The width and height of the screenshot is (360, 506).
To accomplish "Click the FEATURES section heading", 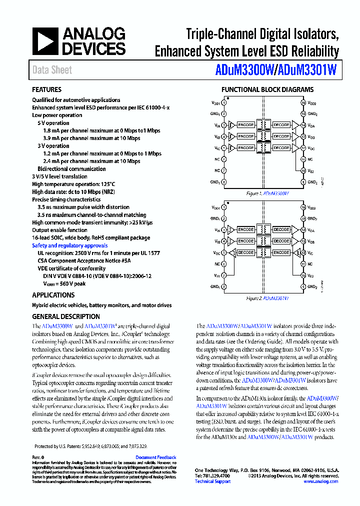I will [x=47, y=90].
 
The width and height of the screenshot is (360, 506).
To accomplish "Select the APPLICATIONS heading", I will [x=53, y=295].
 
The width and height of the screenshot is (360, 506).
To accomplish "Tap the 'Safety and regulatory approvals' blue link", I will [x=69, y=245].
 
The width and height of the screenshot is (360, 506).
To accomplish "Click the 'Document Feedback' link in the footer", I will [x=155, y=457].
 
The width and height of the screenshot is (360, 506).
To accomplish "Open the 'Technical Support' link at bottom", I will [x=212, y=481].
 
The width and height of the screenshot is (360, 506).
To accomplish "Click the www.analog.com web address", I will [x=320, y=481].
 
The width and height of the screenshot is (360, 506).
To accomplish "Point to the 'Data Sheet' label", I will [x=52, y=70].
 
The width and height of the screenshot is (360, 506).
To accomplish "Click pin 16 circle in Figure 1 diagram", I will [x=303, y=103].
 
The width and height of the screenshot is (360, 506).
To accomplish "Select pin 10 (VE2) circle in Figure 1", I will [x=303, y=170].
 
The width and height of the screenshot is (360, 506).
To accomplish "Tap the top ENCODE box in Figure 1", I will [x=246, y=124].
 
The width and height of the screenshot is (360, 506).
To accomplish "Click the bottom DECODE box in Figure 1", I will [x=281, y=148].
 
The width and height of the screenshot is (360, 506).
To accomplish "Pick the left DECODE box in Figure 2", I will [x=246, y=252].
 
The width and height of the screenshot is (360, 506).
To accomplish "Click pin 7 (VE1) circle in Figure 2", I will [x=223, y=275].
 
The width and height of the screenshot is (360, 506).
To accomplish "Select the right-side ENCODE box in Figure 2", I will [x=281, y=252].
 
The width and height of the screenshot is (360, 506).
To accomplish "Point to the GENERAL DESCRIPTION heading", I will [x=66, y=316].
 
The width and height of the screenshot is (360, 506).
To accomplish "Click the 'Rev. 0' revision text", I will [x=38, y=457].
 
